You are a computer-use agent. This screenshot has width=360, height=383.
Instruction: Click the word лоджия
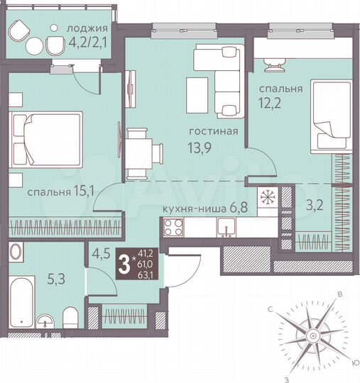pos(87,29)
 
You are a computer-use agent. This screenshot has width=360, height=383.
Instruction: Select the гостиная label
pos(212,132)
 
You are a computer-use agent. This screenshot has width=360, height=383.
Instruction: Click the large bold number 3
pos(126,266)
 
